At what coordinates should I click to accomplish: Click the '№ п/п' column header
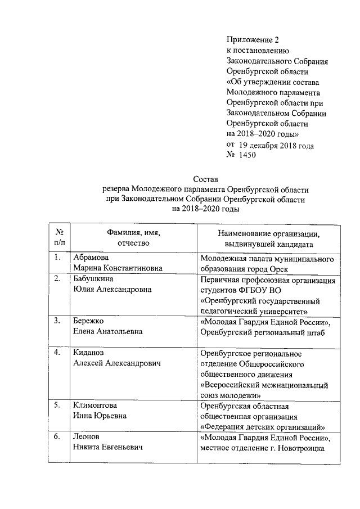pos(58,238)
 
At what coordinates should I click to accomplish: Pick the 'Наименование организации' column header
pos(269,233)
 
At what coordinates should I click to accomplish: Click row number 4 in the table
pos(57,353)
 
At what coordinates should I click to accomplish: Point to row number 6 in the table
pos(57,437)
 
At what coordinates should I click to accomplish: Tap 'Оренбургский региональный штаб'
pos(263,332)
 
